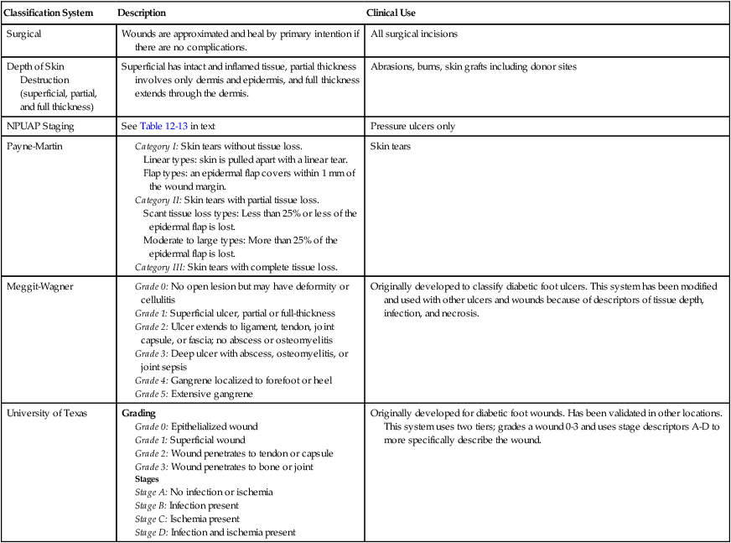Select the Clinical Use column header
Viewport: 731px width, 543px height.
pos(391,13)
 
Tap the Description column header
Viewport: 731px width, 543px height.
pos(142,13)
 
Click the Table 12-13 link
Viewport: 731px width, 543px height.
pos(163,125)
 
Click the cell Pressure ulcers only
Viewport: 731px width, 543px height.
pos(413,125)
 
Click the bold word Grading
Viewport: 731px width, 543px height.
pos(139,414)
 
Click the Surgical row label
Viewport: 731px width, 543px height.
pos(24,34)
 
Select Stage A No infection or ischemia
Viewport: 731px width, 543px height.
pos(204,493)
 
